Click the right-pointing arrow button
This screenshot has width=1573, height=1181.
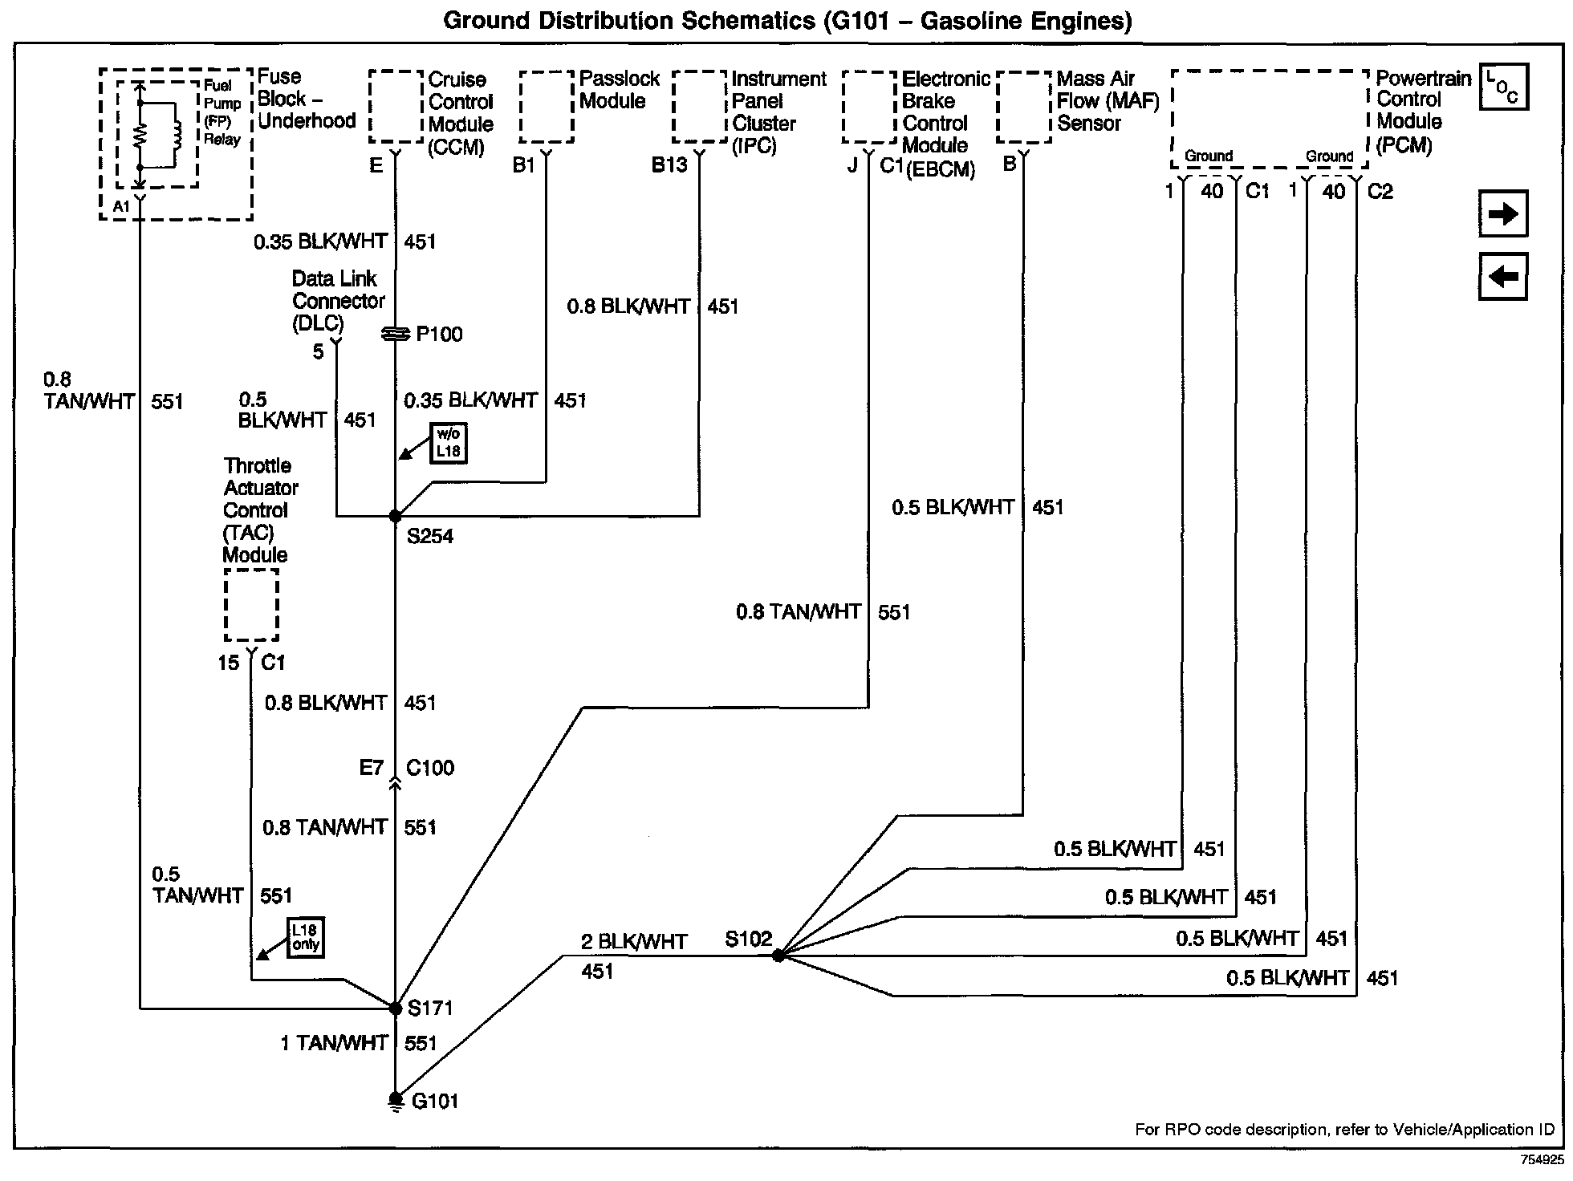[1502, 213]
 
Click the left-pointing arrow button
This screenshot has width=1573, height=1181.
[1502, 277]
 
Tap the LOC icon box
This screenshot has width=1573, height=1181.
[1502, 87]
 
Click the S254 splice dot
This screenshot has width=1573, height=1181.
[395, 516]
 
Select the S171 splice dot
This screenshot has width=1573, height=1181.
[395, 1008]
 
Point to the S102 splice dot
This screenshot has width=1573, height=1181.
[778, 956]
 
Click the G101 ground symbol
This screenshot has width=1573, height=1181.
[396, 1100]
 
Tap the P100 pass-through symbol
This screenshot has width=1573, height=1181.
[395, 334]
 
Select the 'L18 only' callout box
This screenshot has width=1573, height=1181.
[306, 937]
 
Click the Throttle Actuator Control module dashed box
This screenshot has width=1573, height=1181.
[251, 605]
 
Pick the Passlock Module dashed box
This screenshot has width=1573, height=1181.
[547, 107]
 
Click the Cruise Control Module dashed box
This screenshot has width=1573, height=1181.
[396, 106]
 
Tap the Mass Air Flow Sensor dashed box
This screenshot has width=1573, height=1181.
[1024, 107]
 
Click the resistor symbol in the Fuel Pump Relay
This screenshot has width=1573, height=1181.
[140, 136]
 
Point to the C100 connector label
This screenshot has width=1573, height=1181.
[430, 768]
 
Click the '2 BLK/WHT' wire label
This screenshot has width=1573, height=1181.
[634, 941]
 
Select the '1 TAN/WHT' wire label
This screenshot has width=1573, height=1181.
[334, 1043]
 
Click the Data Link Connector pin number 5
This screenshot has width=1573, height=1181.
[319, 351]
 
